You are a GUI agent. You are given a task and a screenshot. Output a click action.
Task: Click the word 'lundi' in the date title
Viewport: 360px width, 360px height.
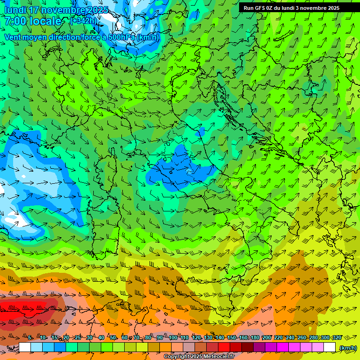(15, 9)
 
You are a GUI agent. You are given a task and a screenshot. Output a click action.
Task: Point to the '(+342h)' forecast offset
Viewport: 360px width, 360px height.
(84, 21)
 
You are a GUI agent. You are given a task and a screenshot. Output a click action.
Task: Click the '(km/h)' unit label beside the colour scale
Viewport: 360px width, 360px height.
(348, 348)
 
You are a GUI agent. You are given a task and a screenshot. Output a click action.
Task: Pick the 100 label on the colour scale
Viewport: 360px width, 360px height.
(172, 338)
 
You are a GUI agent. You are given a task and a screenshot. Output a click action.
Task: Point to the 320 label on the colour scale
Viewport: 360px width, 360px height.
(337, 338)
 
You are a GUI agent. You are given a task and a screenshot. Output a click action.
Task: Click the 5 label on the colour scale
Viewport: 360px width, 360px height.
(30, 338)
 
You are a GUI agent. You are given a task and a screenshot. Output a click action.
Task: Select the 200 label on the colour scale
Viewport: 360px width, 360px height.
(266, 338)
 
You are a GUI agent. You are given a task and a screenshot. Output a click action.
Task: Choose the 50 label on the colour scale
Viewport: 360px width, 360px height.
(113, 338)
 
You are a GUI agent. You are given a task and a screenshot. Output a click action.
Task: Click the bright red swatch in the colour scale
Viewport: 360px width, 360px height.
(224, 347)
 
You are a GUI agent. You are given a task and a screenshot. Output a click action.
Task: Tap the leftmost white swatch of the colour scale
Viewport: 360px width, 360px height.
(25, 347)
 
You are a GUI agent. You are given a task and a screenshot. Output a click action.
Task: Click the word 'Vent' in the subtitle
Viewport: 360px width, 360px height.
(14, 37)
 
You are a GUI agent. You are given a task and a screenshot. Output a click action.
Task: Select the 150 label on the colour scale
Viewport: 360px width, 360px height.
(231, 338)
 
